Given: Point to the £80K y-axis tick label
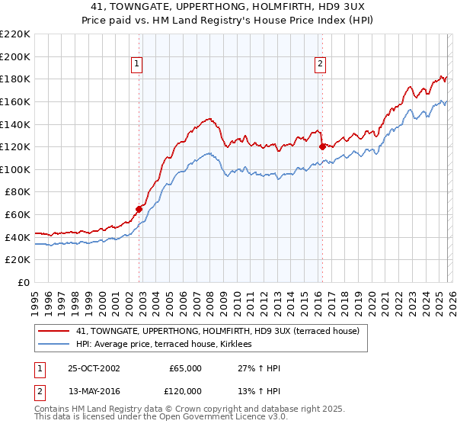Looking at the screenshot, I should (18, 192).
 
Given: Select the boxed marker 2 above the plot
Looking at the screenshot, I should (320, 65).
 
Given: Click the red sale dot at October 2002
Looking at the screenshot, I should (139, 208).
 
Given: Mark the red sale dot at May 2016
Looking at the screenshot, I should (322, 146).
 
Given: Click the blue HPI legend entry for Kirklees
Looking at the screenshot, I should (169, 345).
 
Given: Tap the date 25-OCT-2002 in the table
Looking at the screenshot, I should (94, 368).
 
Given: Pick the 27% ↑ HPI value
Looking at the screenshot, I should (259, 368).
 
